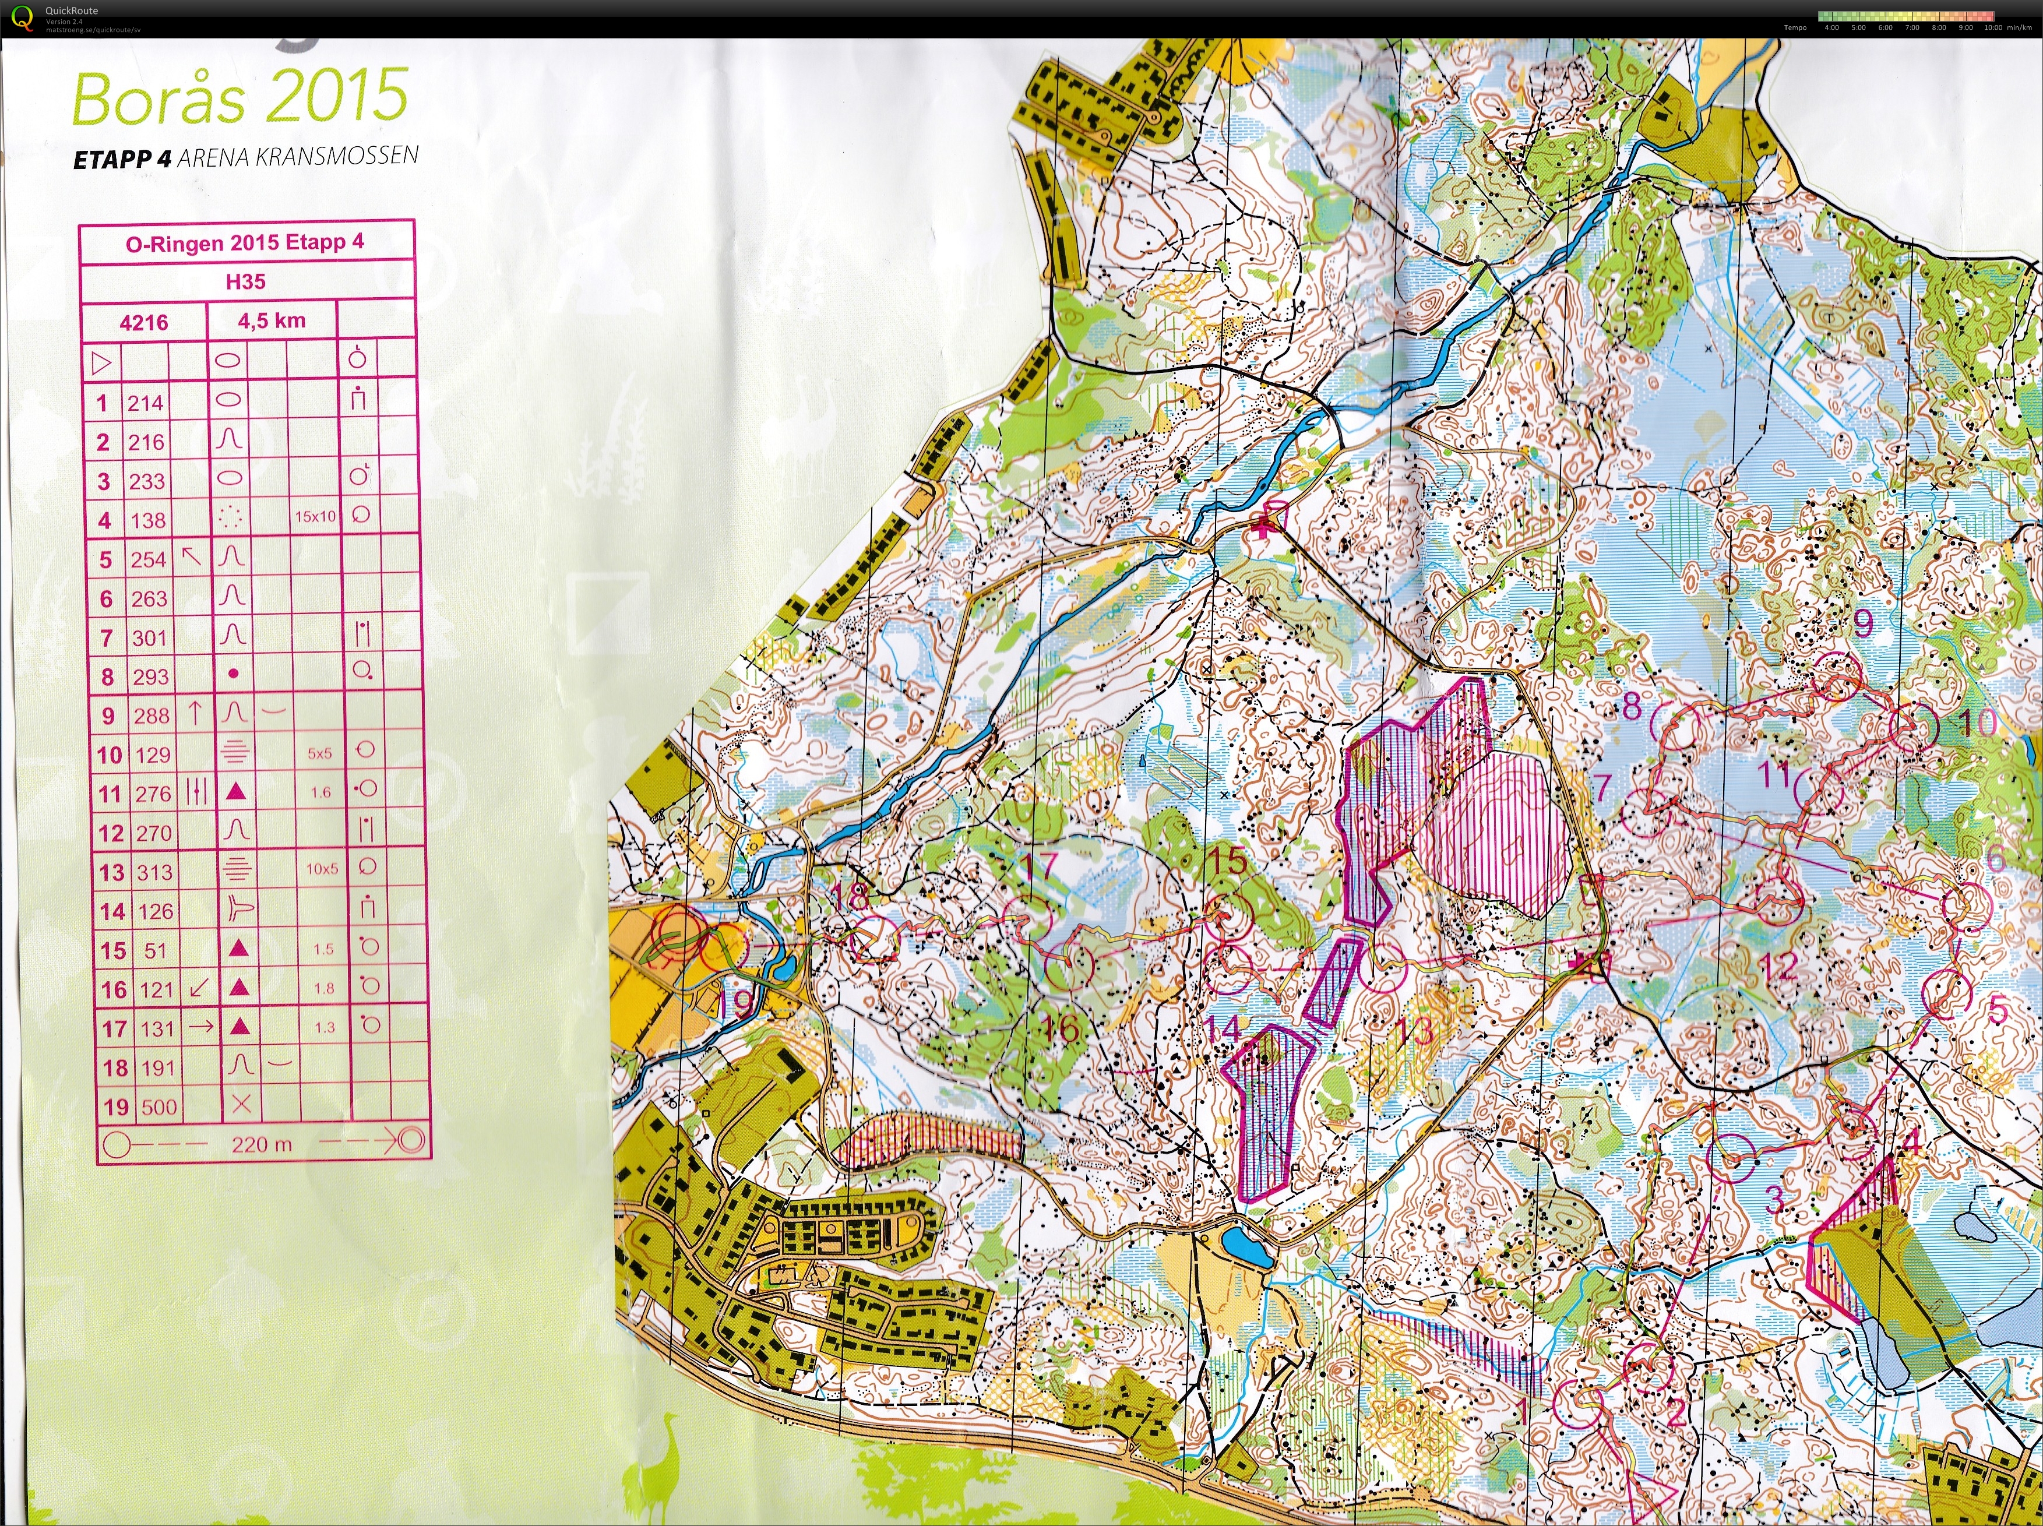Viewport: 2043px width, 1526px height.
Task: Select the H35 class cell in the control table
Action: point(246,281)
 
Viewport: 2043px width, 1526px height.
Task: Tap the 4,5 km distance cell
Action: point(272,322)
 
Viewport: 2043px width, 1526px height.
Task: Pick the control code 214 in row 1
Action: point(145,403)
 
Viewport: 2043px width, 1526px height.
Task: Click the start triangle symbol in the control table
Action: point(101,362)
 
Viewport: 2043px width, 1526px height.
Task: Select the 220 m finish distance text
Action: point(262,1144)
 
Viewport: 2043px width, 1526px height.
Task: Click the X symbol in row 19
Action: point(241,1104)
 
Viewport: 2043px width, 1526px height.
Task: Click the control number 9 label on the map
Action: point(1863,625)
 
